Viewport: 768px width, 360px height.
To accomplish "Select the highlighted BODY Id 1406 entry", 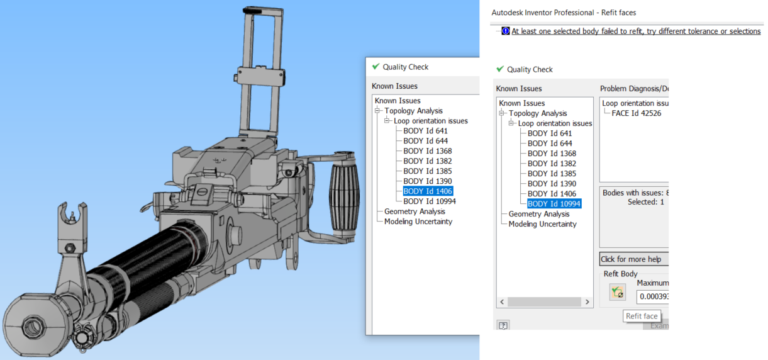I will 428,191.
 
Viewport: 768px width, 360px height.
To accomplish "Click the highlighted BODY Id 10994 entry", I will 554,204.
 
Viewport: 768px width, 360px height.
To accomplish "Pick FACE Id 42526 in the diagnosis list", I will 636,113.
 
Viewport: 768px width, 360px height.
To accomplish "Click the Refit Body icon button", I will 617,293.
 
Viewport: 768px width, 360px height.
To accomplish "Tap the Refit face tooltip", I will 642,317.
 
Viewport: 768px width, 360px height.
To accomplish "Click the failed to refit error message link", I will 635,31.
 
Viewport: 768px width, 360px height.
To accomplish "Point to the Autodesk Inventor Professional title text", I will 564,13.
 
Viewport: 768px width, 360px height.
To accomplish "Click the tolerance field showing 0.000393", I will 652,296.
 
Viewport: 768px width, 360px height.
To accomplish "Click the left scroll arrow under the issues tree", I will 502,302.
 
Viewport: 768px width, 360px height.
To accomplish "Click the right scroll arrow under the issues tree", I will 587,302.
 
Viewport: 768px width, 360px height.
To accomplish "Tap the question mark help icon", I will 503,325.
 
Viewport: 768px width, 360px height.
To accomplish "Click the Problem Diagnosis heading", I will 633,89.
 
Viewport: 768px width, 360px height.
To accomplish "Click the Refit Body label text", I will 620,274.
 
